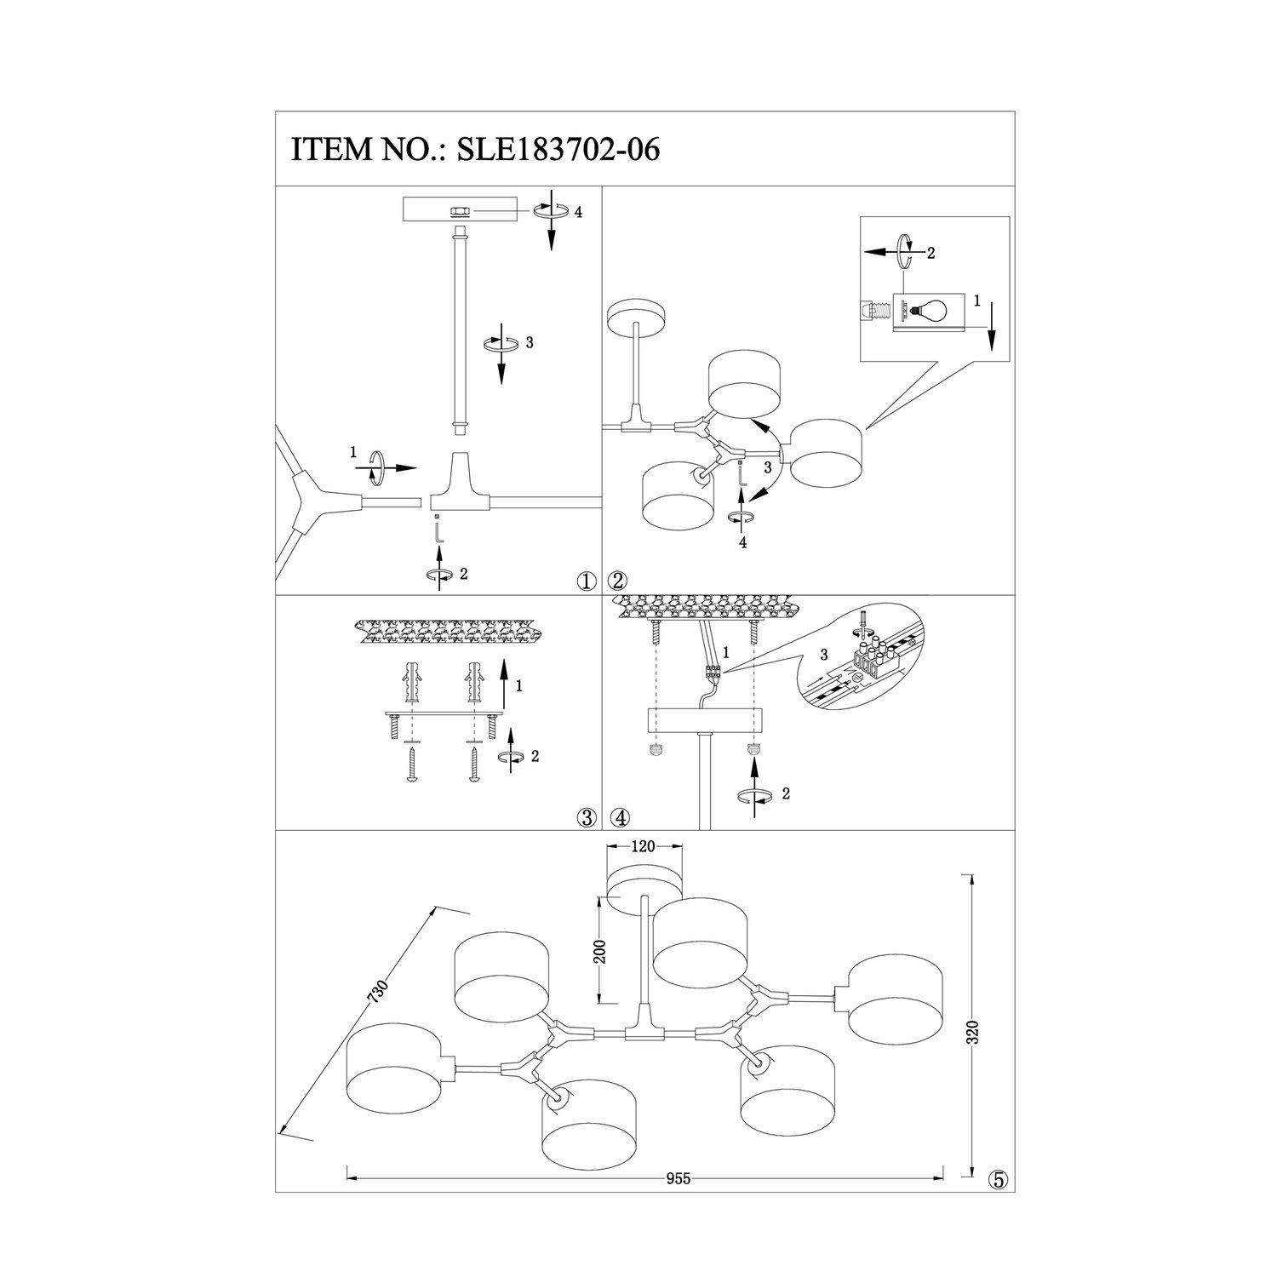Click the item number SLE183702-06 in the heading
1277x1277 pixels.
[558, 150]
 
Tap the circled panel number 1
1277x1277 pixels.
[585, 581]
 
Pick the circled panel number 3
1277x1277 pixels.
[585, 818]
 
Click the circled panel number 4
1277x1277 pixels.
[620, 818]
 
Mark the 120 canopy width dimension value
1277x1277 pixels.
[643, 847]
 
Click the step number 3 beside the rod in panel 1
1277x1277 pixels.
[530, 343]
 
